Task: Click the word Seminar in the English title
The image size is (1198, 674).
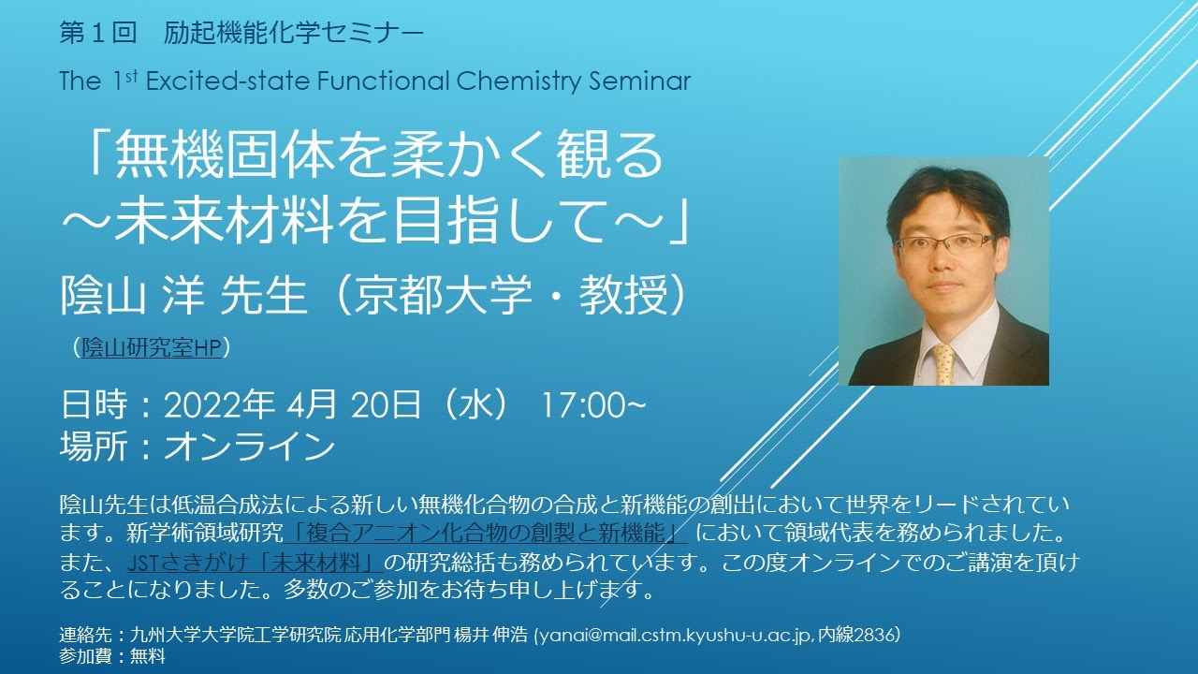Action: [639, 81]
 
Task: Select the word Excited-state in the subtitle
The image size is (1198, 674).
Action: [227, 81]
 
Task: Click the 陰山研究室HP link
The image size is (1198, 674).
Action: [152, 347]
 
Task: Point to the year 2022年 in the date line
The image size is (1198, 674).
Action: [219, 405]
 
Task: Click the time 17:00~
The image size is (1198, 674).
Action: [593, 405]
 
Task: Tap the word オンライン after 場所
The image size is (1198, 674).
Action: [250, 447]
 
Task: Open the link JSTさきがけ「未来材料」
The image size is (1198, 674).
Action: [255, 563]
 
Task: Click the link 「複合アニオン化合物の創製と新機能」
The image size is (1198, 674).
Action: [486, 534]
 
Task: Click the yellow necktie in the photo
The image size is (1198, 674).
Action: [943, 364]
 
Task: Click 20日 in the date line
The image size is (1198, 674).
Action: [386, 405]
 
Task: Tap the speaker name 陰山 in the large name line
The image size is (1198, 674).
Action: [103, 295]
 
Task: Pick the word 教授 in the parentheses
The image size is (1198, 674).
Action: [624, 295]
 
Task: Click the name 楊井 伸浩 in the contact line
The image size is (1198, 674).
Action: [490, 635]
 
